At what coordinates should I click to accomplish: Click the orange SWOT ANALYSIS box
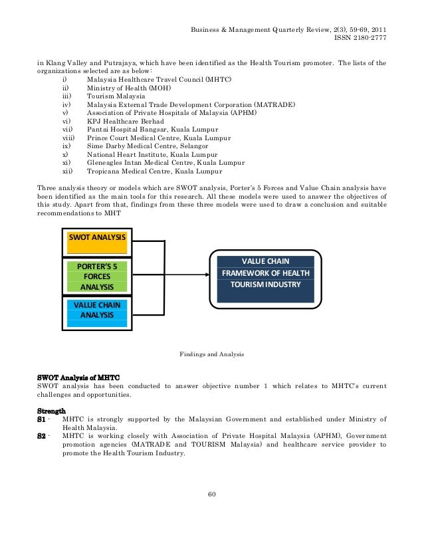point(98,243)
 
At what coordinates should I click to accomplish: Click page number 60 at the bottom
point(212,494)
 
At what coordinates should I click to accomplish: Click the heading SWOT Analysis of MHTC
point(74,377)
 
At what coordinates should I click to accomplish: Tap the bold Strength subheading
point(51,410)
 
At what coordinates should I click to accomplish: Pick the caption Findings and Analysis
point(212,355)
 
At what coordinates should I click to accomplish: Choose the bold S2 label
point(42,436)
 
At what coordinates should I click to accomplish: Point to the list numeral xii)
point(66,171)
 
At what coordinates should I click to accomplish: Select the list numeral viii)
point(66,138)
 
